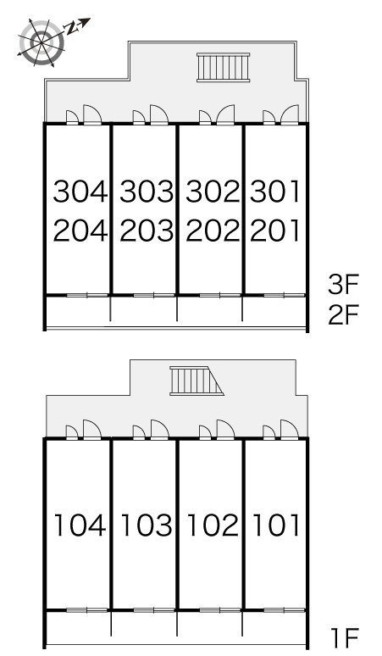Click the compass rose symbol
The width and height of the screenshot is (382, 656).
coord(42,42)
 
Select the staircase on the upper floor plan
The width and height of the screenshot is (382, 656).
coord(223,67)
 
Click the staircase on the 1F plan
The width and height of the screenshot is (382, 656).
coord(197,381)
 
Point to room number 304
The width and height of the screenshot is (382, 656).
coord(80,192)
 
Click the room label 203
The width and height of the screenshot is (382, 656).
coord(147,231)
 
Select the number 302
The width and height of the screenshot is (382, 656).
coord(213,192)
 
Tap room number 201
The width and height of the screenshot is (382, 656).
coord(275,231)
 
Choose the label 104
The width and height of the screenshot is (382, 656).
coord(80,525)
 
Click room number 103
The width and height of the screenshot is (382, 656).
coord(147,525)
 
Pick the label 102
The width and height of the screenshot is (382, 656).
coord(213,525)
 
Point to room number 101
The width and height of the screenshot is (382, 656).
coord(276,525)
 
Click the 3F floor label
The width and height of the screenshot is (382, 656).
coord(344,285)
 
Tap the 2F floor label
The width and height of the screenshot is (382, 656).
coord(344,315)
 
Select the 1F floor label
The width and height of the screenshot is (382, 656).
coord(345,639)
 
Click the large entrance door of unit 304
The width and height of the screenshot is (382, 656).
coord(92,114)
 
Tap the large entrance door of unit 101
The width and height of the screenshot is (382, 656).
coord(290,430)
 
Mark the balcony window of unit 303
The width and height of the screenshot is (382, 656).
coord(154,295)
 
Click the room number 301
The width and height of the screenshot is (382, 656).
coord(275,192)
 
